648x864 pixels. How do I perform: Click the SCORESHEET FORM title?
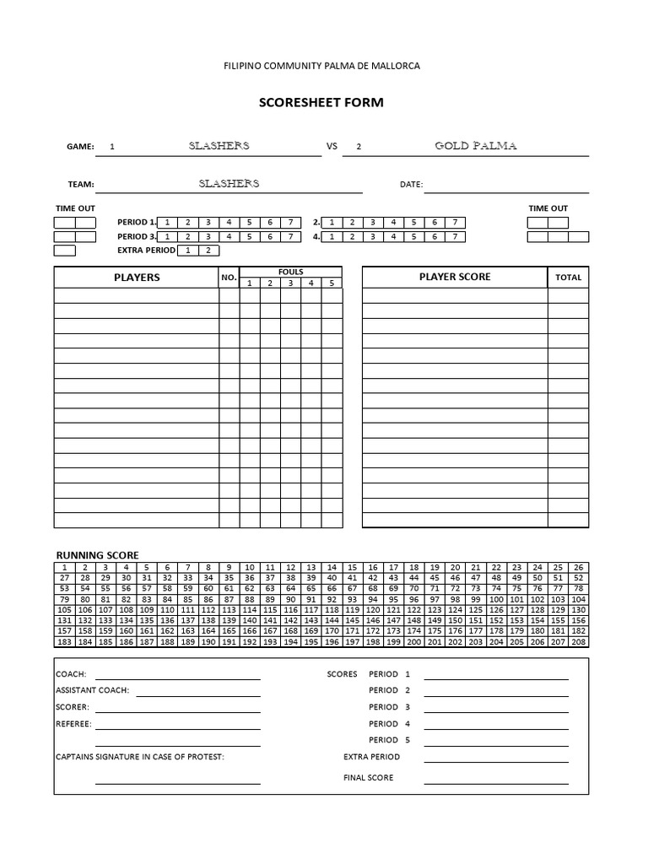click(x=321, y=103)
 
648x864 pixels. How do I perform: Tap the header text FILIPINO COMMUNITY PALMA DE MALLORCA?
click(x=321, y=65)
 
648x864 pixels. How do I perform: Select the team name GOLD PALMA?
click(x=476, y=146)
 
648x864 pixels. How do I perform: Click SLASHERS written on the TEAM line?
click(x=229, y=183)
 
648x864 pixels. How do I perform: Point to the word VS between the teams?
click(x=332, y=146)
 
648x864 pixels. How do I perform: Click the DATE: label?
click(x=411, y=184)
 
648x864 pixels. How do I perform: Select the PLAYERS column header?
click(x=137, y=278)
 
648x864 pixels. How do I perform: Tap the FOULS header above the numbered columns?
click(x=291, y=272)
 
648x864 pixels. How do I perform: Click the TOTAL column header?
click(x=568, y=278)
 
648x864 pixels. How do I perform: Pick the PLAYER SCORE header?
click(x=455, y=277)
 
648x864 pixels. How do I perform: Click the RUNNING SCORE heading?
click(x=97, y=555)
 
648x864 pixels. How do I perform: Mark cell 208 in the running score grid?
click(x=579, y=642)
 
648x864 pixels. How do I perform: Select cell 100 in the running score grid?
click(x=496, y=599)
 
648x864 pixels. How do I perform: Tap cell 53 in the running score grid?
click(x=64, y=588)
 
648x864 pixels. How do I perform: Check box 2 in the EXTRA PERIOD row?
click(x=208, y=251)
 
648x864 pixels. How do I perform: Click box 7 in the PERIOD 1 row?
click(x=290, y=223)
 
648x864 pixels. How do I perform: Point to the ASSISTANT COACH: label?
click(x=92, y=690)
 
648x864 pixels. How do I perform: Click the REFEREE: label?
click(x=73, y=724)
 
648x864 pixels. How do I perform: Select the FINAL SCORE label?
click(x=368, y=778)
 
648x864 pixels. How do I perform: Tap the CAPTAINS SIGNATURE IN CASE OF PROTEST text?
click(x=139, y=757)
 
